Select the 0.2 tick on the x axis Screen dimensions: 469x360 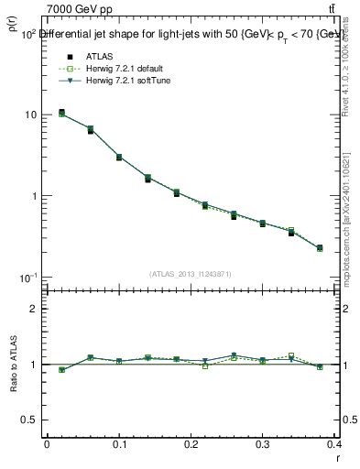pos(191,444)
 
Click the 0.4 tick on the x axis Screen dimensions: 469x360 pos(334,444)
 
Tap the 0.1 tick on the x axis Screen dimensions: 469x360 pos(118,444)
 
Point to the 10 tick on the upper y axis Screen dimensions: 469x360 pos(30,115)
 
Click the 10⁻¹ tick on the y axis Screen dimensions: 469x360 pos(27,277)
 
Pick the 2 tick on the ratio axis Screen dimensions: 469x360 pos(33,309)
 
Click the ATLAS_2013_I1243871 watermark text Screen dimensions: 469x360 pos(191,274)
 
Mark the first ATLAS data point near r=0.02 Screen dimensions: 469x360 pos(61,113)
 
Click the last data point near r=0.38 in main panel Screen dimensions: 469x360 pos(320,248)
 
